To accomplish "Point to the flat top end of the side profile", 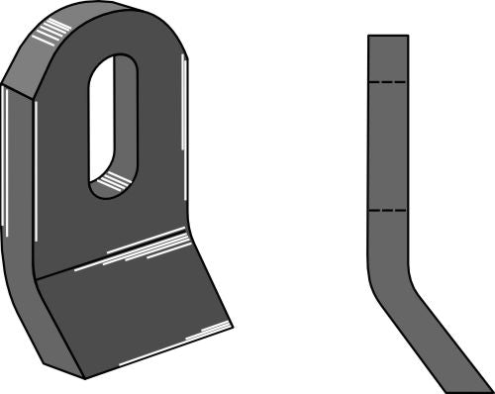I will click(x=387, y=36).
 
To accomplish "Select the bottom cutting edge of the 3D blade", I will click(x=158, y=351).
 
